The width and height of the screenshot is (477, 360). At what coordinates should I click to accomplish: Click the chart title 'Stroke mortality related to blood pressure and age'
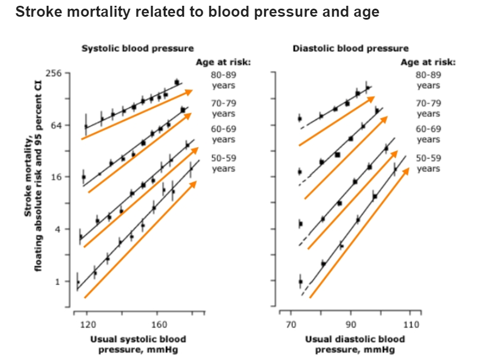click(197, 12)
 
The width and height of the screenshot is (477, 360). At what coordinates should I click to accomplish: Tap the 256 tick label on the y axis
click(61, 73)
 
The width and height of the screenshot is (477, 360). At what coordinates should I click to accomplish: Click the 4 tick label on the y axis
click(66, 230)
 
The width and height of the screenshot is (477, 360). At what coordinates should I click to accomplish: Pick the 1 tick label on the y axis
click(66, 282)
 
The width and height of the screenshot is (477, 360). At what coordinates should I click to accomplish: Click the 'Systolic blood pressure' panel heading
click(137, 48)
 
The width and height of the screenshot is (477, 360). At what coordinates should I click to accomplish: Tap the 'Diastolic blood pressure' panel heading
click(350, 48)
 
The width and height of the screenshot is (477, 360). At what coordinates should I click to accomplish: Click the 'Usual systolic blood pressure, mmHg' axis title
click(138, 344)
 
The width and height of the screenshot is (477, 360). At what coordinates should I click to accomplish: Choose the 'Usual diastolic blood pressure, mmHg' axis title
click(355, 344)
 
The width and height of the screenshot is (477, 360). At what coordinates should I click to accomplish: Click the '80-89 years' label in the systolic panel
click(223, 80)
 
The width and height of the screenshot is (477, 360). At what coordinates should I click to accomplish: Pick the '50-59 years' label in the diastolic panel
click(428, 163)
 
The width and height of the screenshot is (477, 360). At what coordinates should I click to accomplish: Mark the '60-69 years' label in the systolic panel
click(223, 134)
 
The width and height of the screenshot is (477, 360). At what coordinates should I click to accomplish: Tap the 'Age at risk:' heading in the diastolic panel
click(428, 62)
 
